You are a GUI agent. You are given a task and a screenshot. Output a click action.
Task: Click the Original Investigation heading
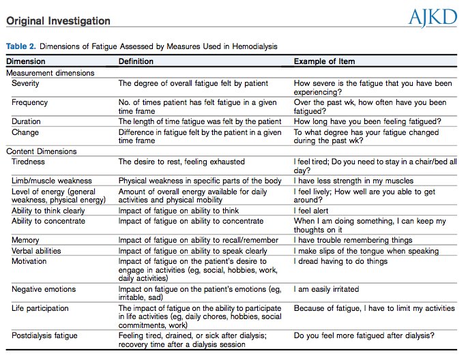pos(58,20)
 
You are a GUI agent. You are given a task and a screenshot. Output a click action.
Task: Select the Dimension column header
pos(27,61)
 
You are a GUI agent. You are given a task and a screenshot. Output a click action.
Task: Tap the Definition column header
pos(136,61)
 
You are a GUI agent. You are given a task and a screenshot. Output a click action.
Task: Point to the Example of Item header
pos(324,61)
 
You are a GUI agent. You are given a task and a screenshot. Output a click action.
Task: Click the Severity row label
pos(26,83)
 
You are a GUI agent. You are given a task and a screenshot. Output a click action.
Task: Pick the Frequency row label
pos(29,102)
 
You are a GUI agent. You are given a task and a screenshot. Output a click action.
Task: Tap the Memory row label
pos(25,240)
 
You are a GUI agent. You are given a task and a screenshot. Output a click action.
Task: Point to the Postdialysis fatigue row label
pos(45,336)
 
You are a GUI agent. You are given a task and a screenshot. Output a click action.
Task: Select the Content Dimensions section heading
pos(41,151)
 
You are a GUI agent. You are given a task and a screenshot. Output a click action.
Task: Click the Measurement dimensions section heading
pos(50,72)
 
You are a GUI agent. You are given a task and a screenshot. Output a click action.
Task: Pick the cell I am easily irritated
pos(326,289)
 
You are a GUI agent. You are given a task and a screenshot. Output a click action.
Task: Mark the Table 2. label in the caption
pos(23,46)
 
